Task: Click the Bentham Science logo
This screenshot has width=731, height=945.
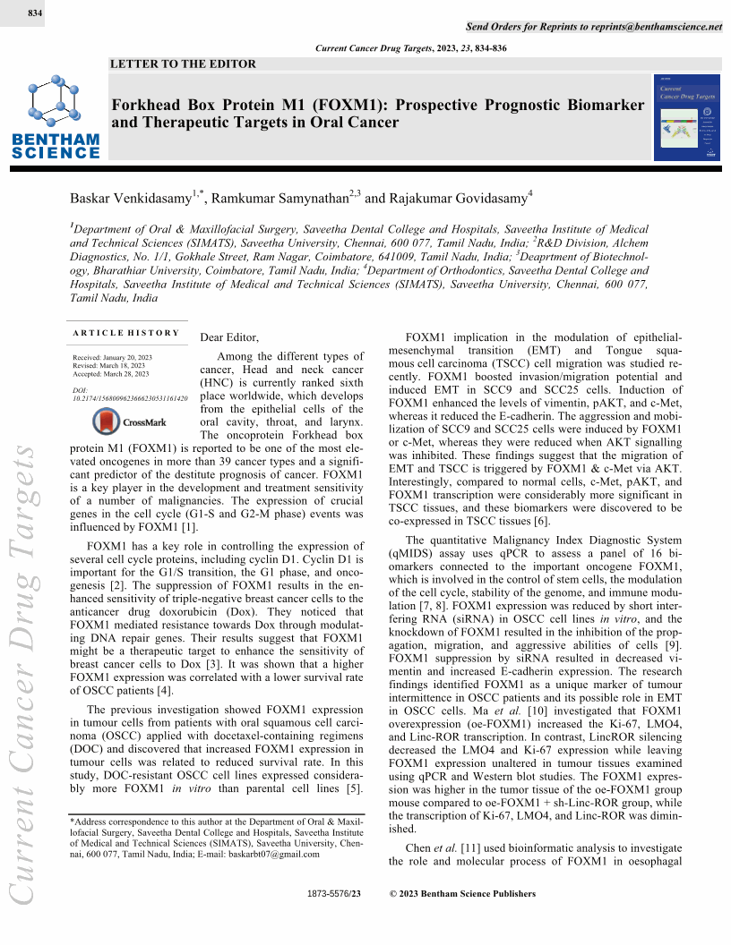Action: pyautogui.click(x=56, y=119)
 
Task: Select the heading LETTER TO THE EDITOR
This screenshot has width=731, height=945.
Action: pyautogui.click(x=183, y=64)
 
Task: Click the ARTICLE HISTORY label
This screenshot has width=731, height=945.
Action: pyautogui.click(x=126, y=333)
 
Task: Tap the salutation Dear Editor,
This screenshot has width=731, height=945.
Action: pyautogui.click(x=229, y=337)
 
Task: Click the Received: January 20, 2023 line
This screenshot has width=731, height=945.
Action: pyautogui.click(x=112, y=357)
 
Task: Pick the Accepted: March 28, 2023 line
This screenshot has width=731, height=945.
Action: pyautogui.click(x=111, y=373)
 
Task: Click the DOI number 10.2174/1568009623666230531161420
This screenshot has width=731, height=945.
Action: pyautogui.click(x=130, y=397)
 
